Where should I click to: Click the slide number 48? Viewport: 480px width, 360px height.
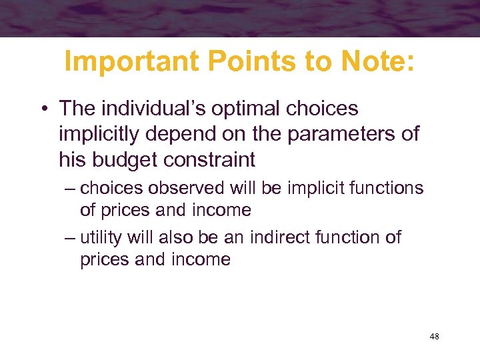click(434, 337)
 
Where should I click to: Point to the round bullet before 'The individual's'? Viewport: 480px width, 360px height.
click(45, 109)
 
